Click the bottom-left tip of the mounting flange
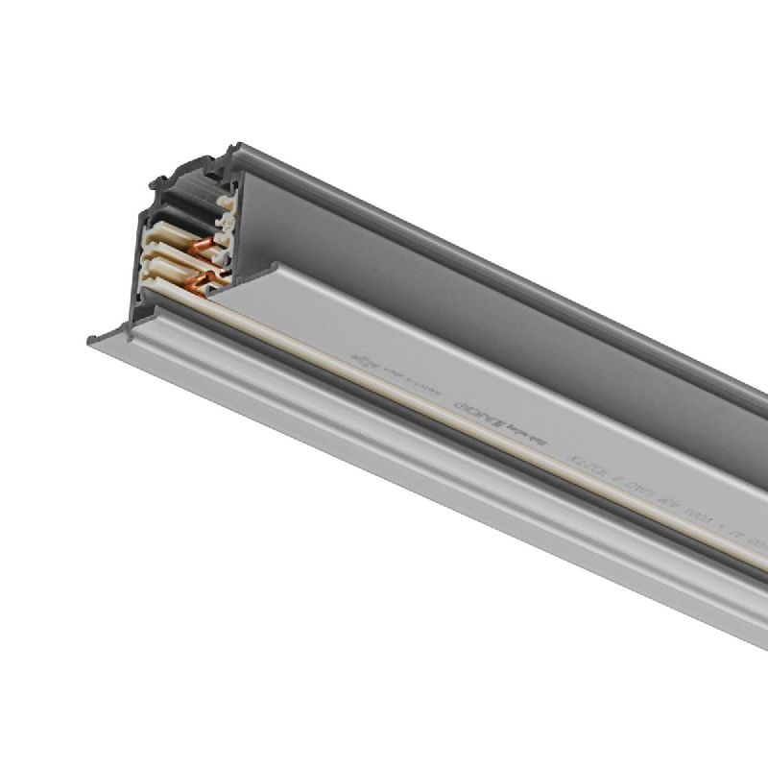pos(91,340)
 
